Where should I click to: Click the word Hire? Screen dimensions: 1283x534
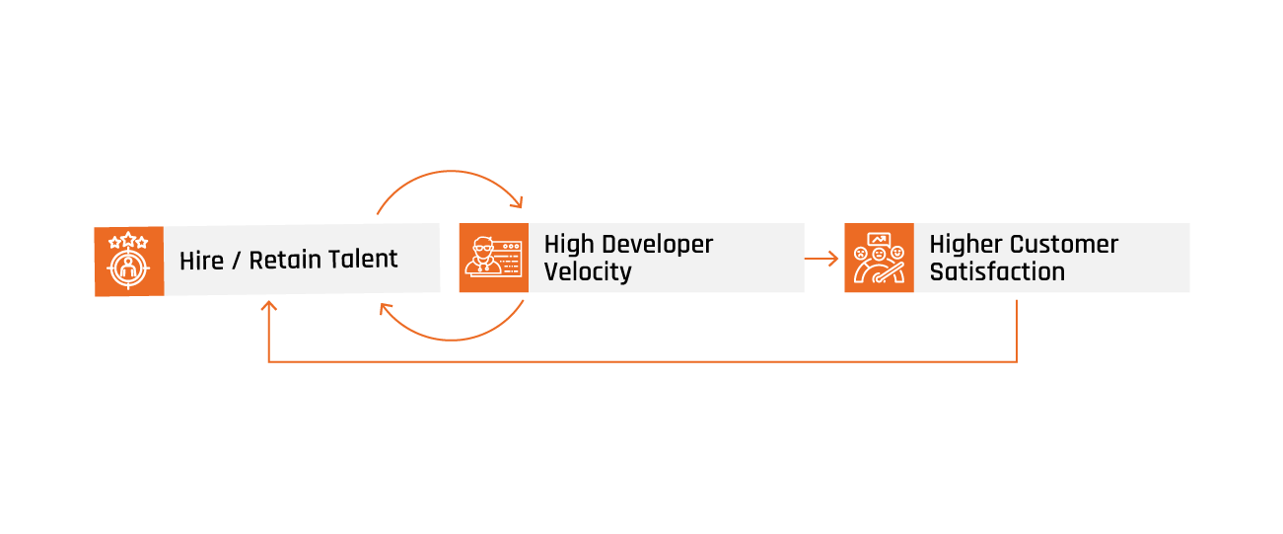point(201,261)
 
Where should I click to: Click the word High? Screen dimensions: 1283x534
point(569,245)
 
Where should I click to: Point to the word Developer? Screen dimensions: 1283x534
point(658,246)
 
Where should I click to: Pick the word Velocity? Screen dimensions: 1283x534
point(588,271)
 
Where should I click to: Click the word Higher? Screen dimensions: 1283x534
point(965,245)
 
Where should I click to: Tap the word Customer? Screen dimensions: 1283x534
point(1064,245)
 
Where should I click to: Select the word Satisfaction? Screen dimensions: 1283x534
point(997,271)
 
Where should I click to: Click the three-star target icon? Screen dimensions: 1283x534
point(129,261)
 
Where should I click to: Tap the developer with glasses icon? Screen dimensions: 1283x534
point(494,258)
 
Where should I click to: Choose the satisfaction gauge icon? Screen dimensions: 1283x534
point(880,258)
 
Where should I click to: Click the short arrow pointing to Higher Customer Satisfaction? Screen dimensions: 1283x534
point(821,259)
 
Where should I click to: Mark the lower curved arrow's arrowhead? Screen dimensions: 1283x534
point(385,309)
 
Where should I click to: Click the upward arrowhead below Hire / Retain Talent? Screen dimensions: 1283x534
point(268,305)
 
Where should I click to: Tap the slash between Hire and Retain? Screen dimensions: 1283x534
point(236,261)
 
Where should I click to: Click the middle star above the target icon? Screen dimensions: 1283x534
point(128,239)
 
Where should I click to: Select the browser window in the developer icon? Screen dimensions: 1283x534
point(508,259)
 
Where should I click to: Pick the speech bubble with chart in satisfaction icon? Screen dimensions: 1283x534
point(879,239)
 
